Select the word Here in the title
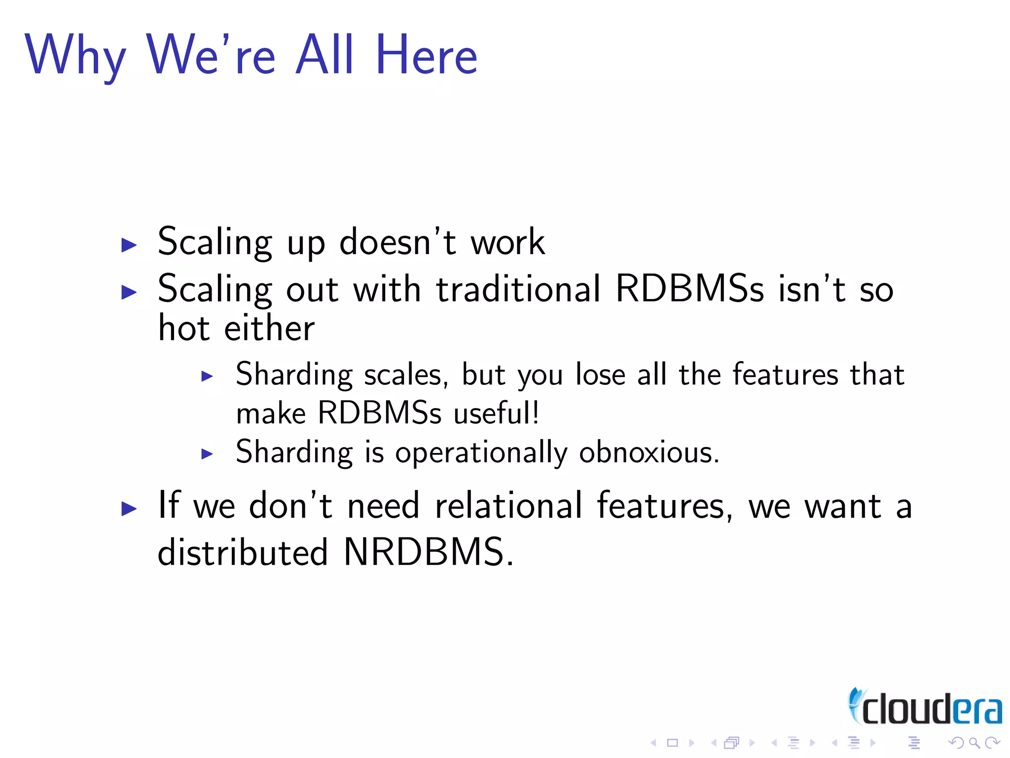(426, 55)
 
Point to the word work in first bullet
(507, 243)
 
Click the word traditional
(518, 289)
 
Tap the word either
(269, 328)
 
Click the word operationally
(481, 453)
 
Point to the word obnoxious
(649, 452)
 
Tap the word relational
(508, 506)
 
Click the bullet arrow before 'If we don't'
(129, 508)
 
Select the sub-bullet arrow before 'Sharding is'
(207, 454)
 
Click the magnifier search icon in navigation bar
(974, 743)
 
